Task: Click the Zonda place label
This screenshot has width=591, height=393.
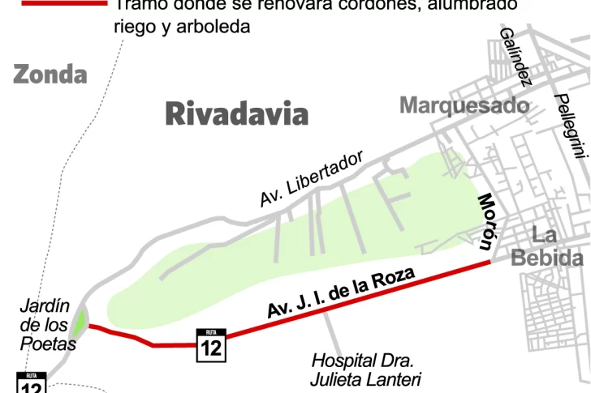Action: [50, 75]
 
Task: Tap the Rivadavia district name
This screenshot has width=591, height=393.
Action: [236, 114]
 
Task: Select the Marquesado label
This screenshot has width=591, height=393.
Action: [464, 105]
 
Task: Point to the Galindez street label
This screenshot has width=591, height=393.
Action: [516, 56]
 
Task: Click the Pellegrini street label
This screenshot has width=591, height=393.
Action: [570, 125]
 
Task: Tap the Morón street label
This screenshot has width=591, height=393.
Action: [486, 220]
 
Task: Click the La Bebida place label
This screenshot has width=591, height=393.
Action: [547, 247]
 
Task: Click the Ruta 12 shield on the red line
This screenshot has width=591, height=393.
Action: [211, 345]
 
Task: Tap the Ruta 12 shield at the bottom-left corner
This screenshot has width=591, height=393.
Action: [31, 384]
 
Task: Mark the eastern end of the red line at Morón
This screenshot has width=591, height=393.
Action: [489, 262]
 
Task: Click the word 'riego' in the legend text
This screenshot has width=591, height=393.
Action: [134, 27]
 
